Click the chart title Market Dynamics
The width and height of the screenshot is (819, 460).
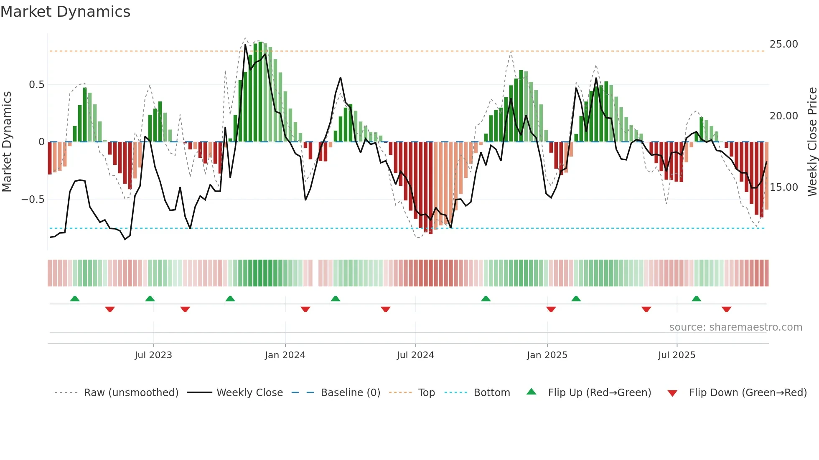pos(65,12)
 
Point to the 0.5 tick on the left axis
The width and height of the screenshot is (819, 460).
pos(36,85)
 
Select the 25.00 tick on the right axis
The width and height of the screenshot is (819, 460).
pos(783,44)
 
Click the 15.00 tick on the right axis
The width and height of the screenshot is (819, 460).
pos(783,187)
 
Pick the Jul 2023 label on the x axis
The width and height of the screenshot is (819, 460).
pos(153,355)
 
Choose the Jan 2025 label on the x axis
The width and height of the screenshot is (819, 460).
pos(547,355)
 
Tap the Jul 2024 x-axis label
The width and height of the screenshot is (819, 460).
pos(415,355)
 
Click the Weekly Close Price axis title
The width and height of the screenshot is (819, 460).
pos(812,142)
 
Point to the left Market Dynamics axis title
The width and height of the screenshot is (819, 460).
pos(7,142)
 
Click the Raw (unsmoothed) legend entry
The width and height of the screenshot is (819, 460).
pos(131,393)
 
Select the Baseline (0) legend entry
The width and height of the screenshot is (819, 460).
pos(350,393)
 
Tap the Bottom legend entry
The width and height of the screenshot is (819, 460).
pos(491,393)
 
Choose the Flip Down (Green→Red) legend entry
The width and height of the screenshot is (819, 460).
pos(748,393)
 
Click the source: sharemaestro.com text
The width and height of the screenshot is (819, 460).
pos(735,327)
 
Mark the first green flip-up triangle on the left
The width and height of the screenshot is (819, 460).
pos(75,299)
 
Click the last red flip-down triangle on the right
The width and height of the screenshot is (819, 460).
pos(726,309)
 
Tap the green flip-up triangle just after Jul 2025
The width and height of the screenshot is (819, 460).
pos(696,299)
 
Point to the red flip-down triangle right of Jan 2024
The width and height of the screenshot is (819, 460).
pos(305,309)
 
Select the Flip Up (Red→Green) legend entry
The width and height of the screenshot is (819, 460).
pos(599,393)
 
